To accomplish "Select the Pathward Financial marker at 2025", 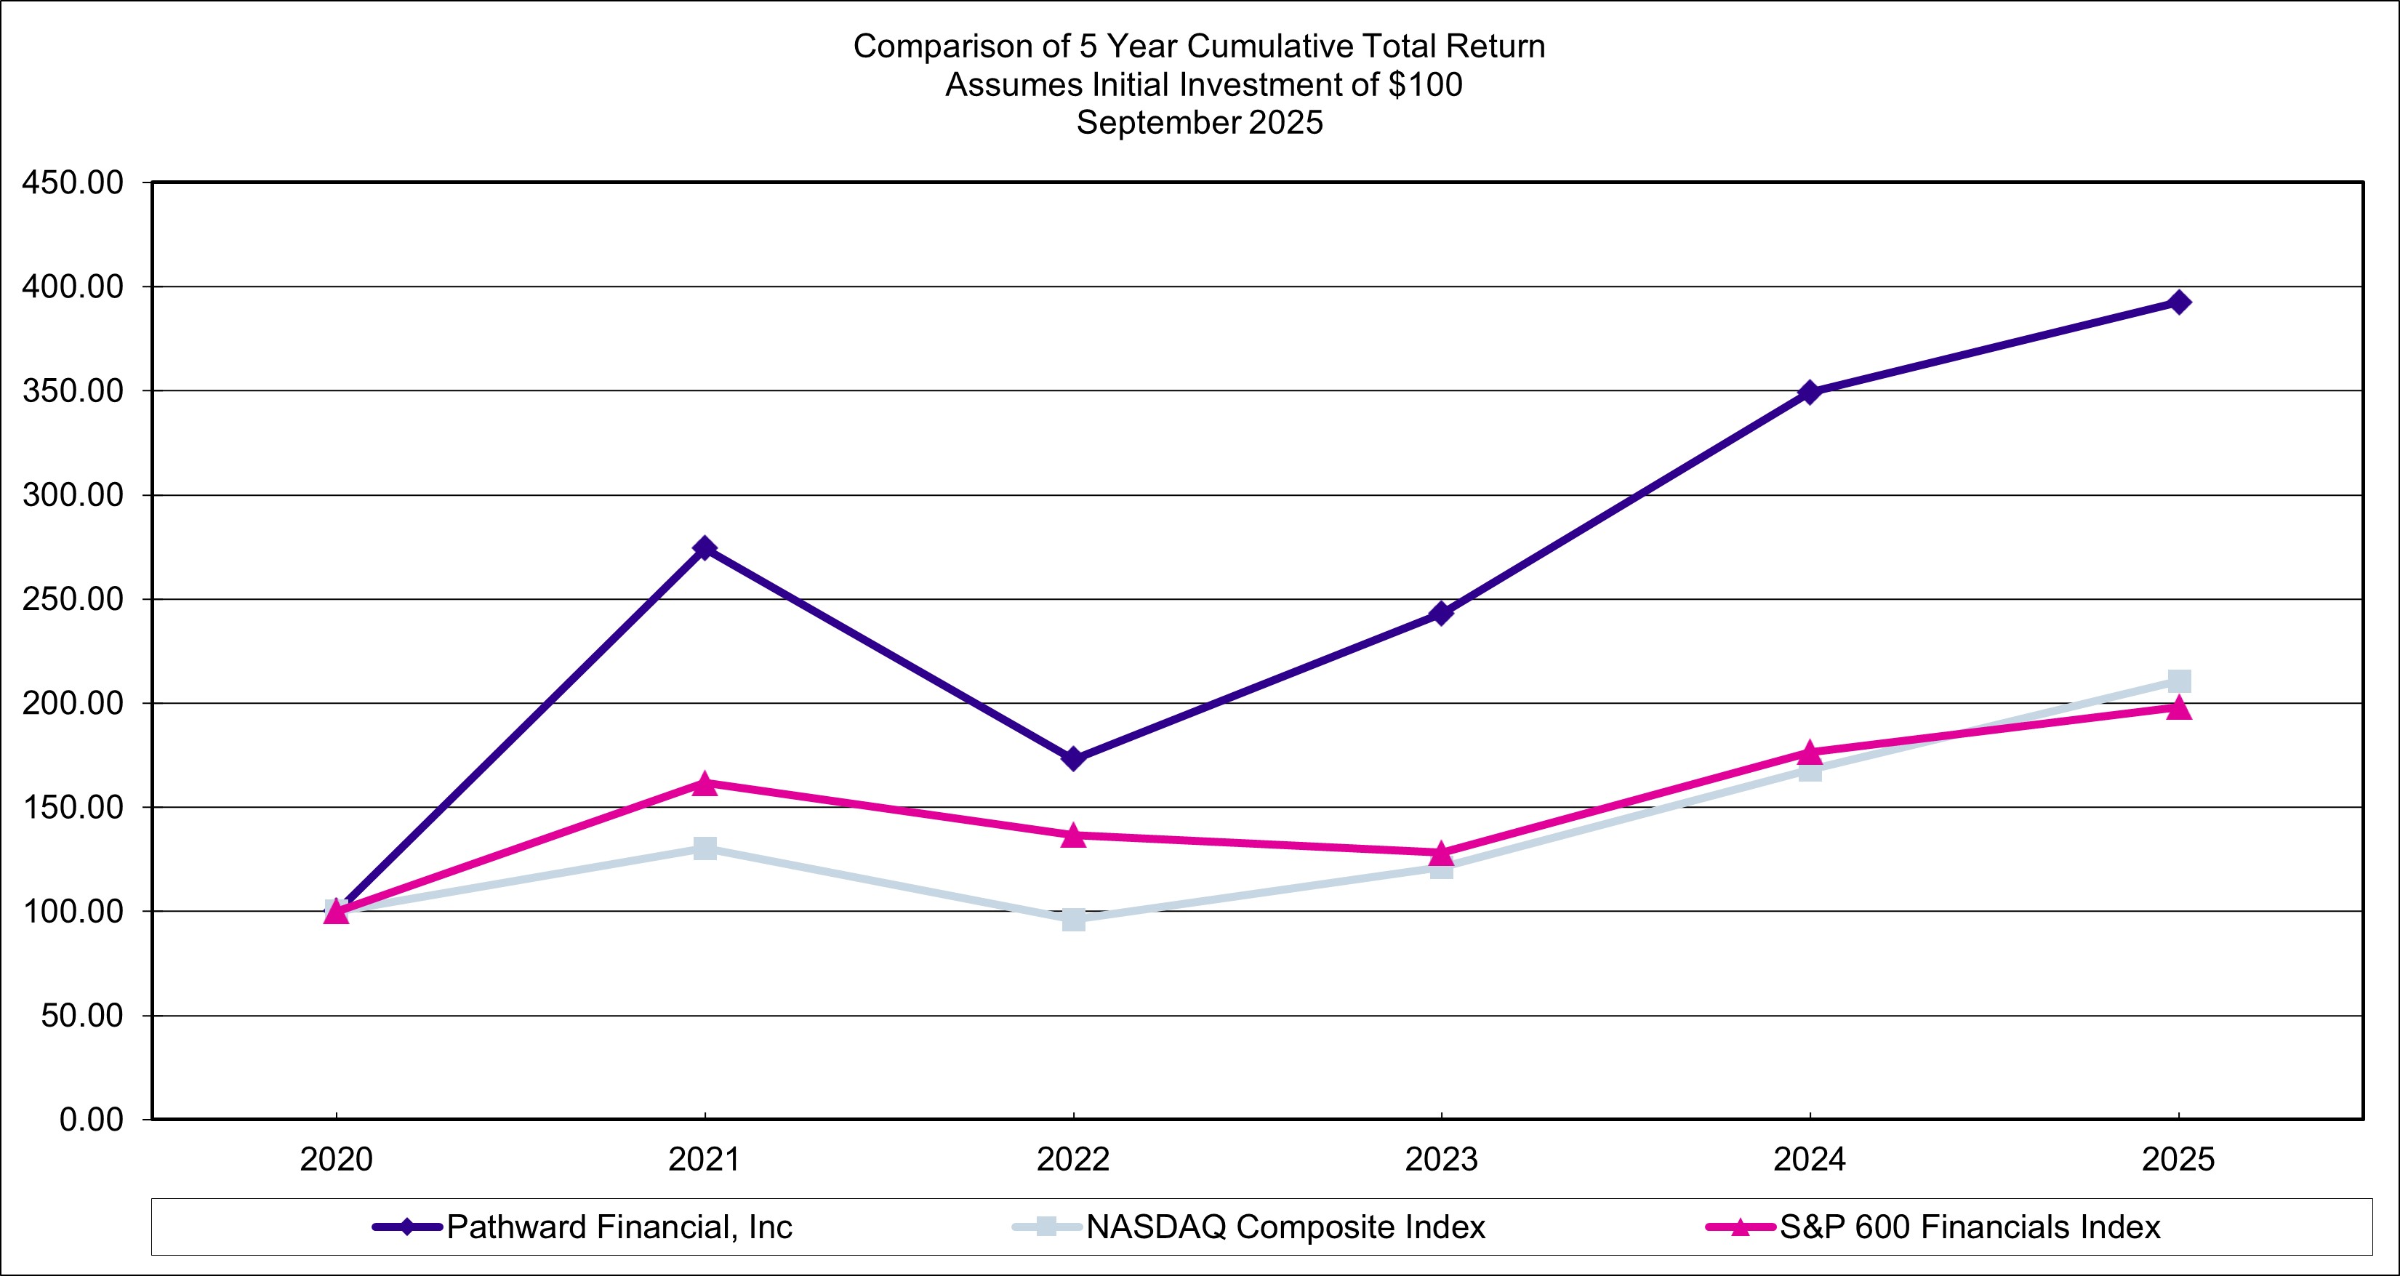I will coord(2178,302).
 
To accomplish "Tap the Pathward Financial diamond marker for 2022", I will coord(1072,759).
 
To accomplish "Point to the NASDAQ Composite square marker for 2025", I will coord(2178,681).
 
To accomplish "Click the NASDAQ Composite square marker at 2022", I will coord(1072,919).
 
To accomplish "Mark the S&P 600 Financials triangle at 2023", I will coord(1440,853).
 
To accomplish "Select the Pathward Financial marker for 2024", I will coord(1810,392).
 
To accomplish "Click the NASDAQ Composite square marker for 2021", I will coord(705,848).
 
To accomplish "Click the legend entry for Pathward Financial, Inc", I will coord(619,1227).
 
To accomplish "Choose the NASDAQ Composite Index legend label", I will coord(1285,1227).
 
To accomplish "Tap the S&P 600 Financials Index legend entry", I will coord(1970,1227).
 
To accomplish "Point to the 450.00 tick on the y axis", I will coord(73,183).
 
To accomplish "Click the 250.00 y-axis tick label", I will coord(73,600).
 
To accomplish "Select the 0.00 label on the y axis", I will coord(92,1120).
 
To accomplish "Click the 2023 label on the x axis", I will coord(1440,1160).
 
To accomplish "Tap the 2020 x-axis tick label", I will coord(337,1160).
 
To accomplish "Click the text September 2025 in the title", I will coord(1199,123).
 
